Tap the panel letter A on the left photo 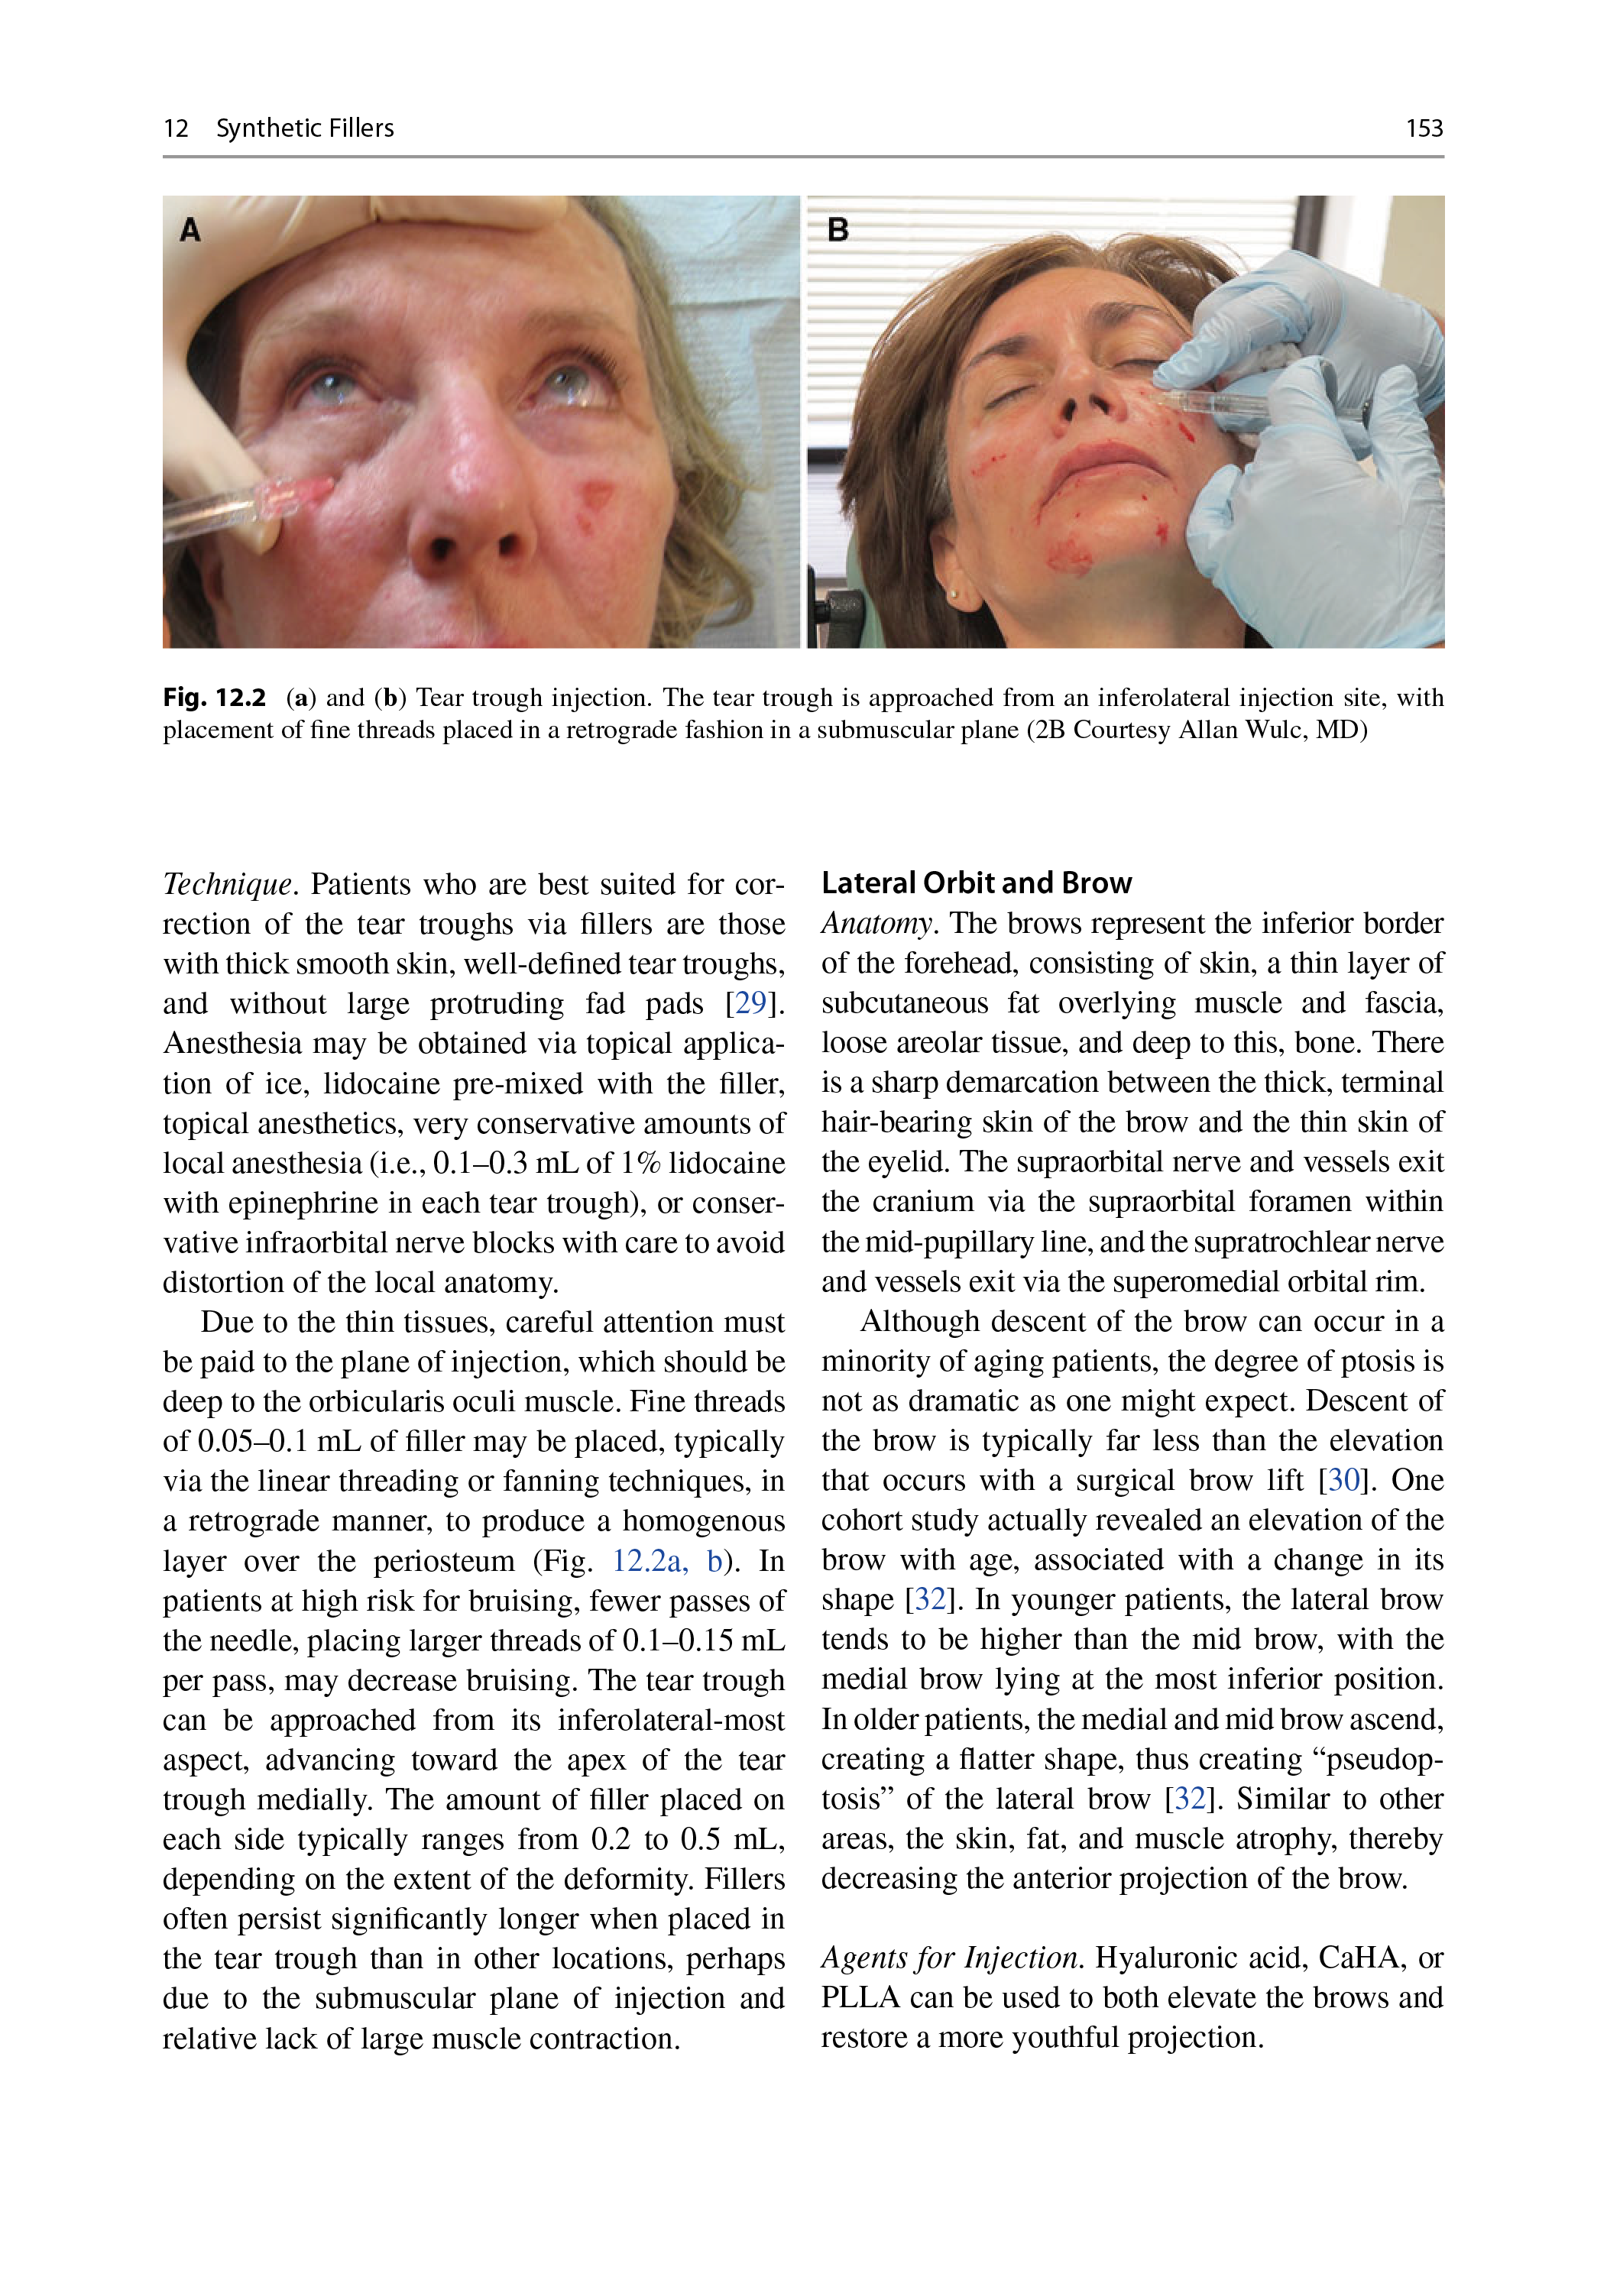pyautogui.click(x=190, y=231)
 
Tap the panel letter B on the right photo pyautogui.click(x=838, y=230)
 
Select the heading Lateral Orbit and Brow pyautogui.click(x=976, y=883)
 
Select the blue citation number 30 pyautogui.click(x=1343, y=1480)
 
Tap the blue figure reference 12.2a pyautogui.click(x=648, y=1561)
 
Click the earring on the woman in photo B pyautogui.click(x=953, y=593)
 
